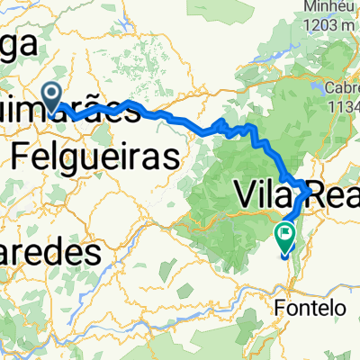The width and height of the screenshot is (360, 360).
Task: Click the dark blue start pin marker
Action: (x=50, y=94)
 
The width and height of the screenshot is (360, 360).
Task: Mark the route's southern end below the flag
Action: (x=285, y=255)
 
